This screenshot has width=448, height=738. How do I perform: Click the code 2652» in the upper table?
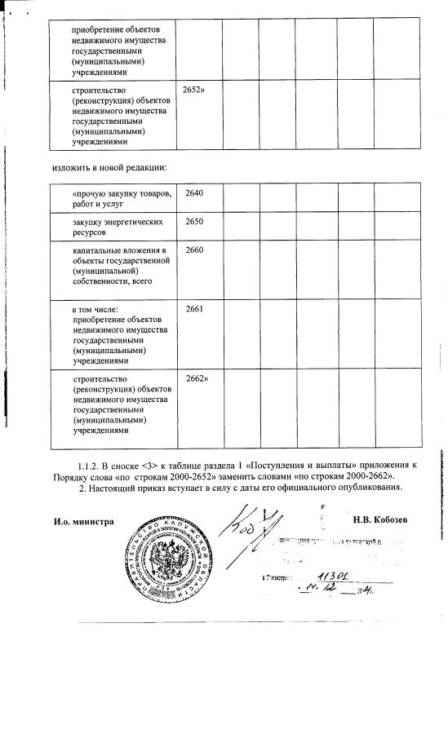(x=194, y=86)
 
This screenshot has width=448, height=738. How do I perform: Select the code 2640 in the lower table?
(x=194, y=192)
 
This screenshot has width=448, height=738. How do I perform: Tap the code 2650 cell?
(x=194, y=222)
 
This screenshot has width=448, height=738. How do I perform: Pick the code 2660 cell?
(x=194, y=250)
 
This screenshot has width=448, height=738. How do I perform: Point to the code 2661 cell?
(x=194, y=309)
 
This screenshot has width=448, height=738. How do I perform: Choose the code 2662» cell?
(x=196, y=379)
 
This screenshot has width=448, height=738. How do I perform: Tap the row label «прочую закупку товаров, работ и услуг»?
(x=121, y=197)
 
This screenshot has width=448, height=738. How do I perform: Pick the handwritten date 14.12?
(x=320, y=590)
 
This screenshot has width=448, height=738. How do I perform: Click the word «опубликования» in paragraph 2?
(x=368, y=488)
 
